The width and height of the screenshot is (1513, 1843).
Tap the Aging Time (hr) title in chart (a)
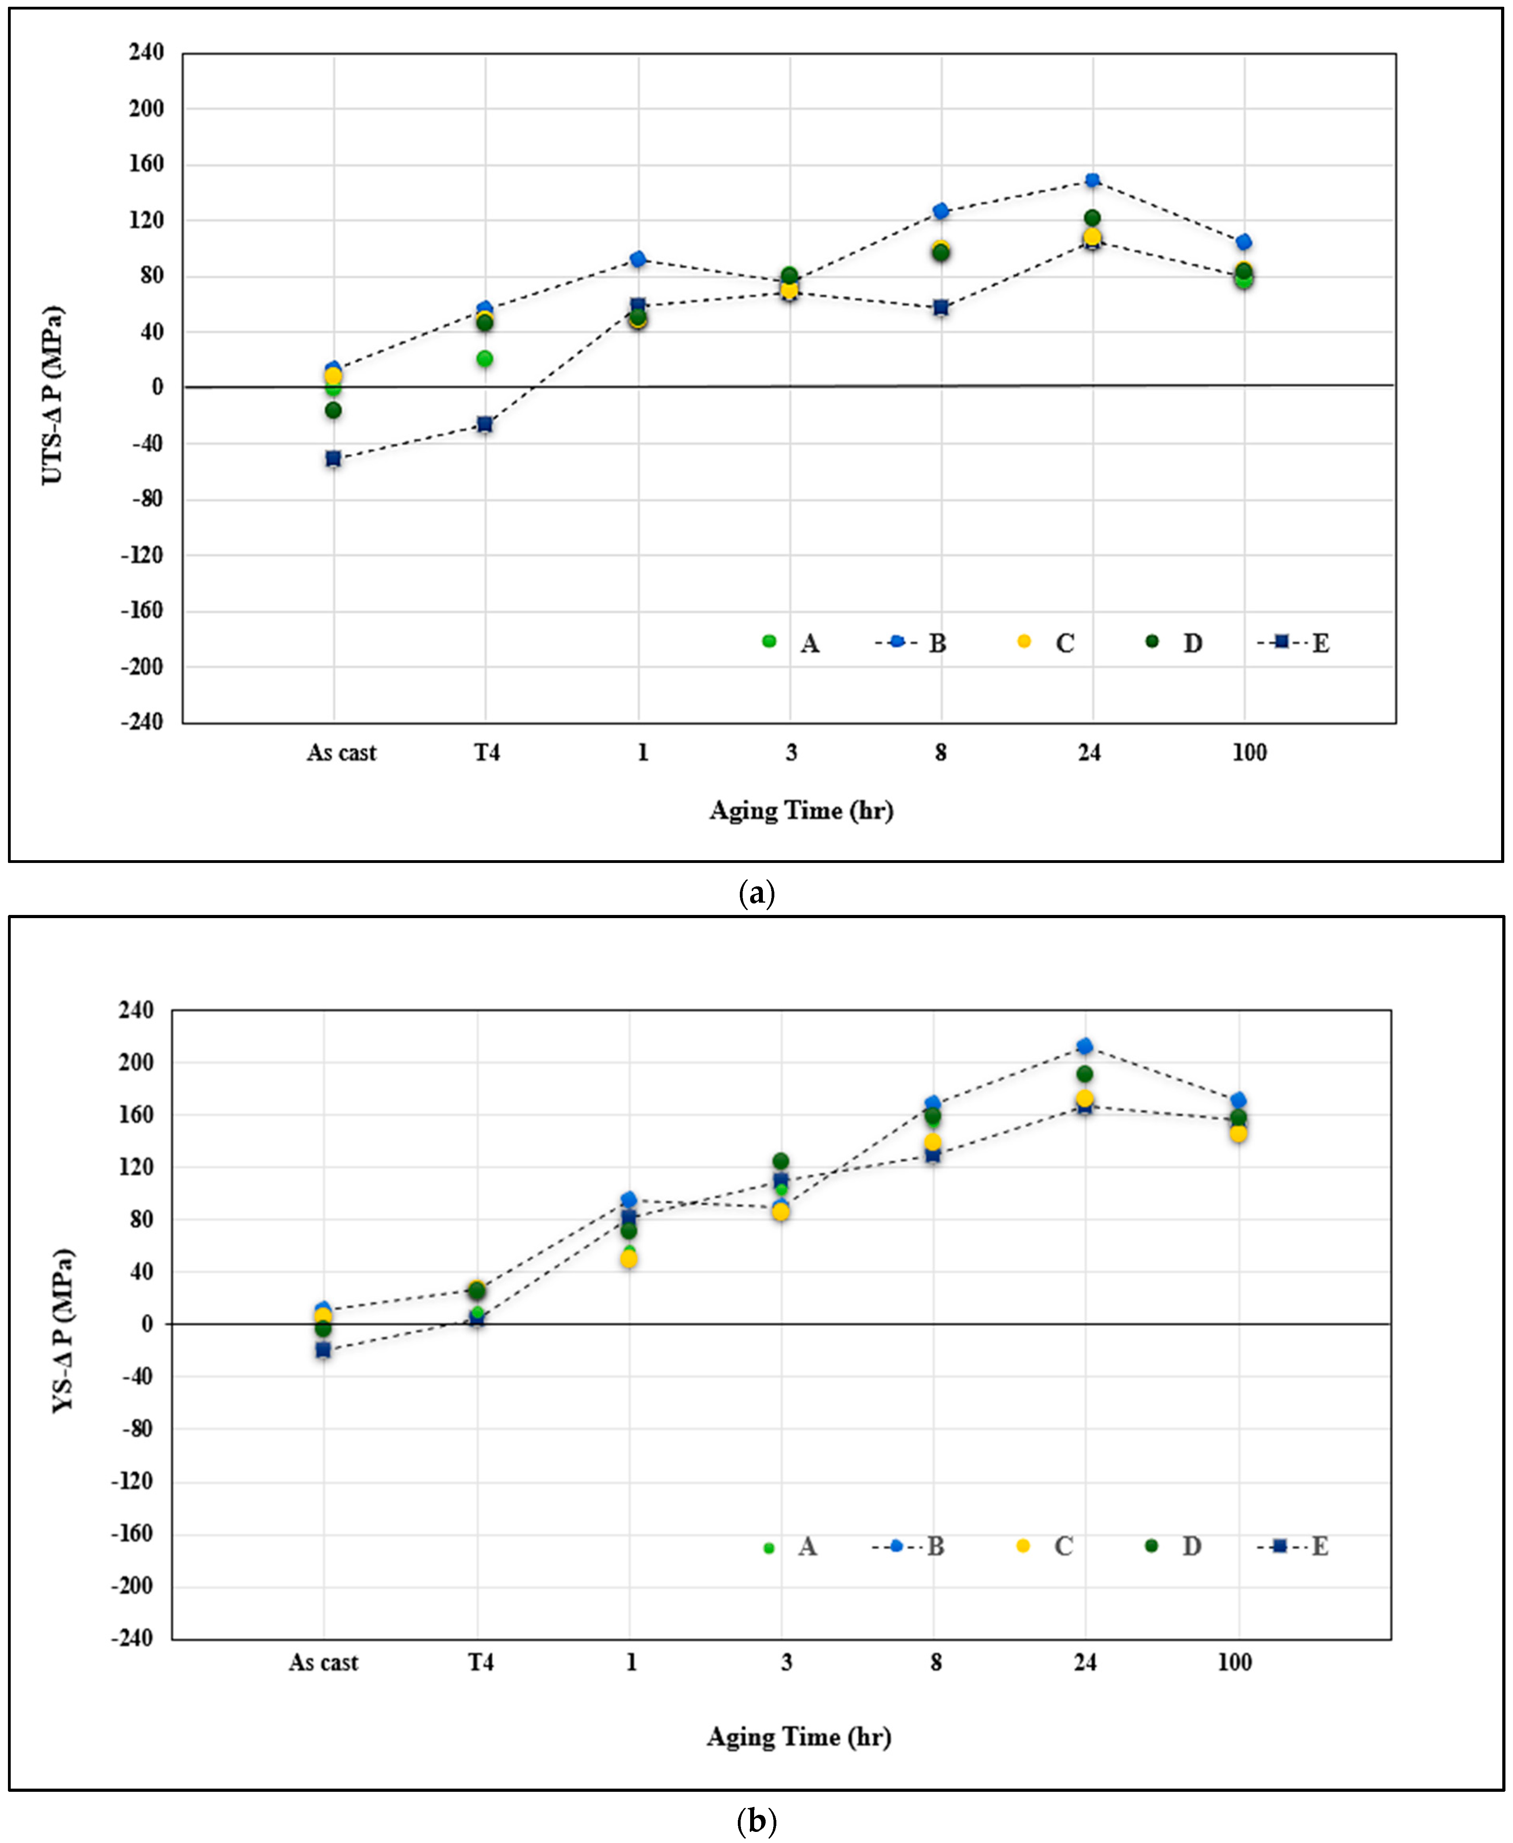801,811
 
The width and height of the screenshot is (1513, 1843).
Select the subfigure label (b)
756,1820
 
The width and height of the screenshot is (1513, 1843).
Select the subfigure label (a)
756,893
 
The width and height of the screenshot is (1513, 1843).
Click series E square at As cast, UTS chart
333,458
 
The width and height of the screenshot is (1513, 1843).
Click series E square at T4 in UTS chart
485,424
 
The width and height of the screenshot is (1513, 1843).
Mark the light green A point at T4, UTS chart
485,358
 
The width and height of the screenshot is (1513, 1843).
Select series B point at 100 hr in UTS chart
1244,241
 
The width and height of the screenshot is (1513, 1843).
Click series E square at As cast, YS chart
323,1350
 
